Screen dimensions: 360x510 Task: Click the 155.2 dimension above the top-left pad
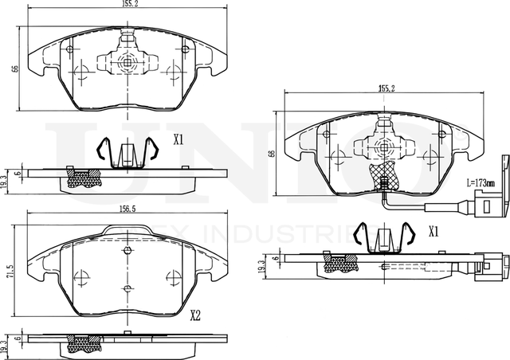point(120,4)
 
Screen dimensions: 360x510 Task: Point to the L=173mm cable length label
point(478,184)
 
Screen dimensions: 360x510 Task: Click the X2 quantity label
point(194,315)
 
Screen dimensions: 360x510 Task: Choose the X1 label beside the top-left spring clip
point(178,139)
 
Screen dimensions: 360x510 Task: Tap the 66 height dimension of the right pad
point(272,153)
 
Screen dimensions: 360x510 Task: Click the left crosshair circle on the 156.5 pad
point(80,278)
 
